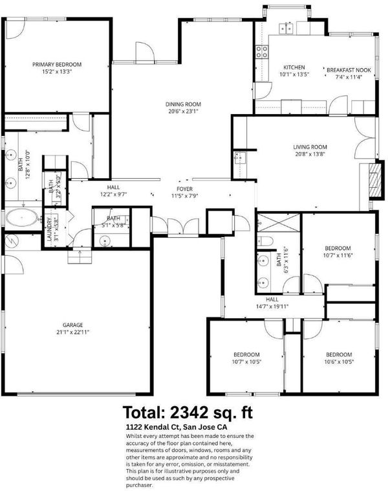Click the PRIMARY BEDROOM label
[57, 65]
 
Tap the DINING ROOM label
[183, 104]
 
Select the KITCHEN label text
[294, 67]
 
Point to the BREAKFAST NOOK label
[349, 70]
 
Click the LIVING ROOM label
[310, 147]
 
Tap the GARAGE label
[72, 325]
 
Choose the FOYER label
[184, 189]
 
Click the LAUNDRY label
[49, 229]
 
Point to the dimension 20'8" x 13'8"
[310, 154]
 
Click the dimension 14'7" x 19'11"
[272, 306]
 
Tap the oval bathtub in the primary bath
[22, 218]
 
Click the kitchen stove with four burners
[262, 52]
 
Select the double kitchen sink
[286, 29]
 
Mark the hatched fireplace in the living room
[375, 179]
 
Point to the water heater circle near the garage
[12, 241]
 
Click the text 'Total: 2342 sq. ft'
[188, 413]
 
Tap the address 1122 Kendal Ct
[153, 427]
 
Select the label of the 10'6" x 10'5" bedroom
[339, 355]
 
